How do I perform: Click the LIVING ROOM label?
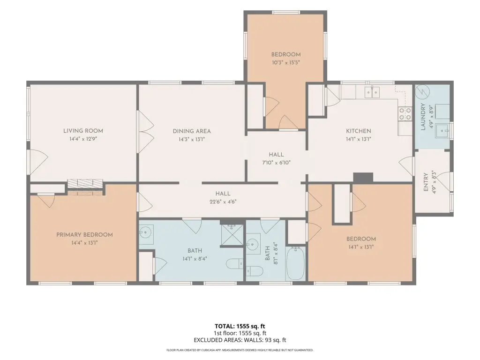[x=83, y=131]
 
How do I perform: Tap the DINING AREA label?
[x=192, y=131]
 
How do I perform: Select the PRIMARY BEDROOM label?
[x=84, y=235]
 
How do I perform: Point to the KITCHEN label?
[x=359, y=131]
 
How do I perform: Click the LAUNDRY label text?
[x=423, y=117]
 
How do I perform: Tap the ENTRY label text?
[x=426, y=182]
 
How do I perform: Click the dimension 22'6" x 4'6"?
[x=223, y=202]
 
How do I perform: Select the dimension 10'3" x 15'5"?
[x=285, y=63]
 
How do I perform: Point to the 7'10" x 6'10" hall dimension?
[x=276, y=163]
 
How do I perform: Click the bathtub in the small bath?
[x=296, y=263]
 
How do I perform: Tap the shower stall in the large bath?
[x=232, y=235]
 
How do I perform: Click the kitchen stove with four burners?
[x=405, y=113]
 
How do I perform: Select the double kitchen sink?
[x=372, y=91]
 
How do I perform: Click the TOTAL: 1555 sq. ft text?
[x=240, y=326]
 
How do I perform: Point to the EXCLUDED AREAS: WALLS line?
[x=240, y=340]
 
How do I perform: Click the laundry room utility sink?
[x=443, y=131]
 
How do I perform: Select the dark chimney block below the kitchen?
[x=363, y=178]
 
